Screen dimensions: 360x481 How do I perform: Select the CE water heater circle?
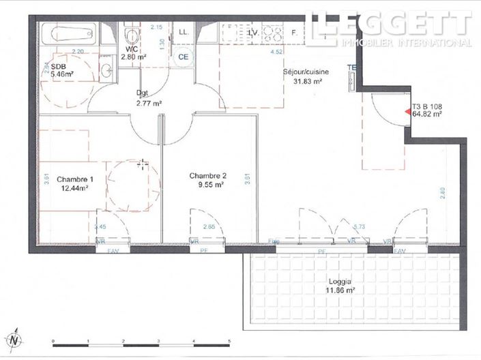coord(183,57)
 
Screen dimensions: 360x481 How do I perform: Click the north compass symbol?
coord(15,339)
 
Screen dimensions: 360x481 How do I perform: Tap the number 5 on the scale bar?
coord(229,340)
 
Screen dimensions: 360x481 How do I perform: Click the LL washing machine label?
coord(183,32)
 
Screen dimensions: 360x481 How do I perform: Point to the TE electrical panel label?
coord(351,67)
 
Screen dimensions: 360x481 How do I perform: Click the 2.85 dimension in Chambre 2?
coord(209,226)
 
